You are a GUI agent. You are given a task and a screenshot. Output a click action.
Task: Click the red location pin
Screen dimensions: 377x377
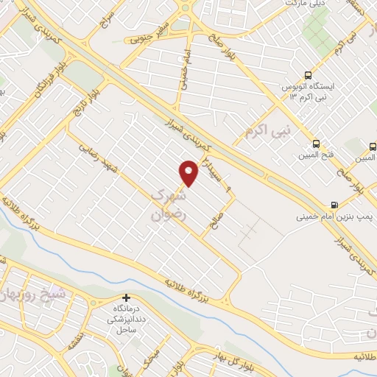pyautogui.click(x=189, y=172)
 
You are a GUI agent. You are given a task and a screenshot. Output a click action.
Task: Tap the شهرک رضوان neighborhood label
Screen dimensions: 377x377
pyautogui.click(x=169, y=203)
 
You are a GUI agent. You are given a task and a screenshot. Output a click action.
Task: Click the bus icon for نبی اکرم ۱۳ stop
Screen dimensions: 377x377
pyautogui.click(x=309, y=75)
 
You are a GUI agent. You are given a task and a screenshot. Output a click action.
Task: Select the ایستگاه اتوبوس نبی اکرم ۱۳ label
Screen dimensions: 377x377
pyautogui.click(x=309, y=91)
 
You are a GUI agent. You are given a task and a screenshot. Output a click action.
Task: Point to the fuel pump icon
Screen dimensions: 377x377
pyautogui.click(x=335, y=205)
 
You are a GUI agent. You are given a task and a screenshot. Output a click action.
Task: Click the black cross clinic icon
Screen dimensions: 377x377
pyautogui.click(x=127, y=298)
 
